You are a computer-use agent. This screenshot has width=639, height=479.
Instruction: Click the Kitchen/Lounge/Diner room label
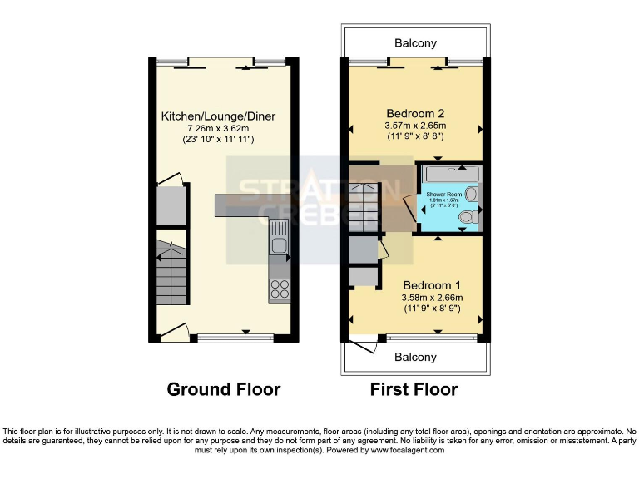click(x=218, y=116)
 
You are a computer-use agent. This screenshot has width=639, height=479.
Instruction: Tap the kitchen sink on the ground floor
click(x=278, y=244)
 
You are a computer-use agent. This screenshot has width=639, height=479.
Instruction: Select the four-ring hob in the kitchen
click(x=279, y=289)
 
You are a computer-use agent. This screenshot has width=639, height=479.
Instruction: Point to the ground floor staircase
click(x=170, y=273)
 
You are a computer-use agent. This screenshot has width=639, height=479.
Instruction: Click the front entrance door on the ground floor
click(x=174, y=332)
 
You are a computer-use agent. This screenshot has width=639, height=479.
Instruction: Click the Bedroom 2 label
click(x=415, y=113)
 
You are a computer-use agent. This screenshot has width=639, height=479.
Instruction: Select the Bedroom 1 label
click(x=433, y=284)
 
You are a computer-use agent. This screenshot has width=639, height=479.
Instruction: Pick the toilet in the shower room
click(x=468, y=217)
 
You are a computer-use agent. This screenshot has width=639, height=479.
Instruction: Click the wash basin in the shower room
click(x=472, y=194)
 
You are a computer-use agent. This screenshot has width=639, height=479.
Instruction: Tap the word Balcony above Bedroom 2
click(x=415, y=43)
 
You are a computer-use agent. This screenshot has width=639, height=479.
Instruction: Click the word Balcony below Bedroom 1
click(x=415, y=357)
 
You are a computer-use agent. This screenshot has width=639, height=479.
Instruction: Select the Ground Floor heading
click(x=224, y=389)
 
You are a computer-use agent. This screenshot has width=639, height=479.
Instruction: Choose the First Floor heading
click(x=414, y=389)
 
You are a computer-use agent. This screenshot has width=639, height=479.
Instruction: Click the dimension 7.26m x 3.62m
click(x=218, y=129)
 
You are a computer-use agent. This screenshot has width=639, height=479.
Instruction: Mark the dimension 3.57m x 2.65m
click(x=415, y=126)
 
